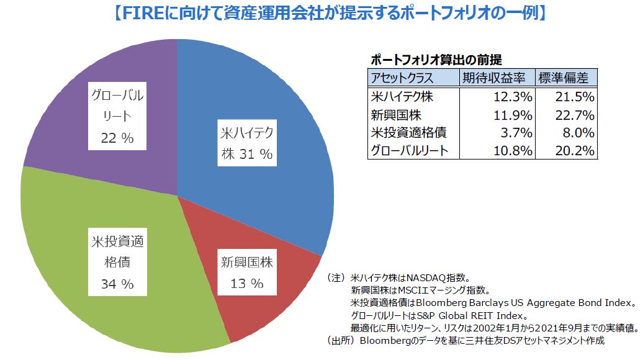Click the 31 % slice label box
[x=246, y=144]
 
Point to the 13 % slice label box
[x=246, y=273]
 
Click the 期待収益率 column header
[x=495, y=78]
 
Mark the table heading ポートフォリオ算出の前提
[x=436, y=60]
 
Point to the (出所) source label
[x=342, y=340]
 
